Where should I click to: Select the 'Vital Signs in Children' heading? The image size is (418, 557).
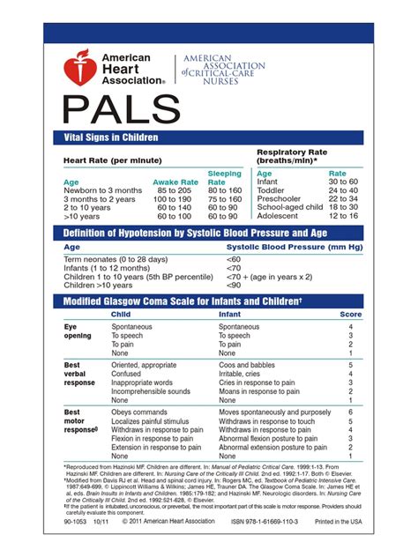pyautogui.click(x=111, y=137)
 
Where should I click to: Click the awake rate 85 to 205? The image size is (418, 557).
pyautogui.click(x=174, y=190)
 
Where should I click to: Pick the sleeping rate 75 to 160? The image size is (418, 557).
pyautogui.click(x=223, y=199)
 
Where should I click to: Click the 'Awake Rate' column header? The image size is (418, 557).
pyautogui.click(x=175, y=182)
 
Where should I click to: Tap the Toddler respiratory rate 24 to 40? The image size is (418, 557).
pyautogui.click(x=342, y=190)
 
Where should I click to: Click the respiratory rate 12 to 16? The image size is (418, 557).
pyautogui.click(x=342, y=216)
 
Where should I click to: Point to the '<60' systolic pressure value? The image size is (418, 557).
pyautogui.click(x=234, y=260)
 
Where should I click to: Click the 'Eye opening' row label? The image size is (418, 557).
pyautogui.click(x=78, y=331)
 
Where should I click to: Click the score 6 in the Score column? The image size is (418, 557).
pyautogui.click(x=350, y=412)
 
